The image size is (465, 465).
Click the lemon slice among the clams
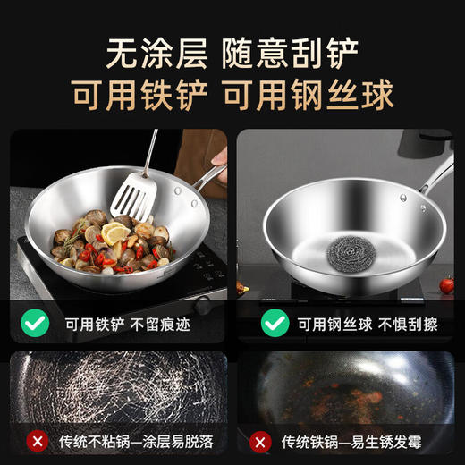pyautogui.click(x=115, y=235)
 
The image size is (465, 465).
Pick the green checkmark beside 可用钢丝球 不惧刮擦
pyautogui.click(x=275, y=322)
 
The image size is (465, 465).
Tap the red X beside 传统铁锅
pyautogui.click(x=260, y=442)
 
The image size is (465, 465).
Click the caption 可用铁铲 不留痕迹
pyautogui.click(x=124, y=323)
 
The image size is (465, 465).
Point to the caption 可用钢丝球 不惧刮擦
pyautogui.click(x=362, y=323)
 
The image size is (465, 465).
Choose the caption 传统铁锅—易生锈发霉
pyautogui.click(x=354, y=442)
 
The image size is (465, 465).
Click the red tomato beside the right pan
pyautogui.click(x=446, y=285)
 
